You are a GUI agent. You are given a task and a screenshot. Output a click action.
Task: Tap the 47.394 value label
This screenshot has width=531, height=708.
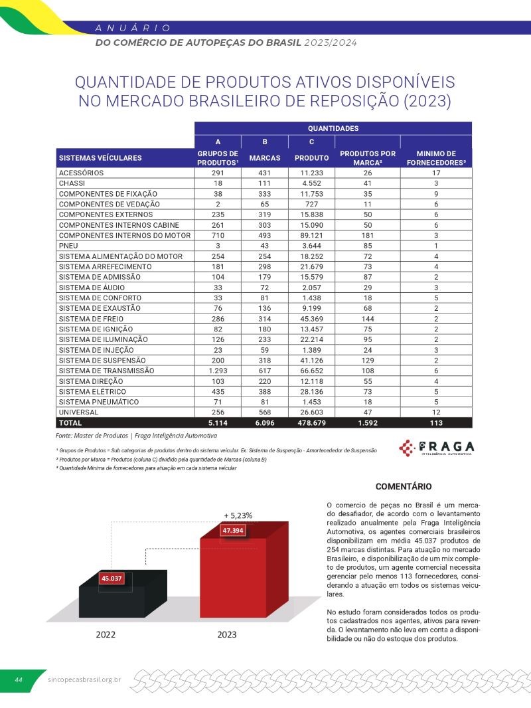pos(233,531)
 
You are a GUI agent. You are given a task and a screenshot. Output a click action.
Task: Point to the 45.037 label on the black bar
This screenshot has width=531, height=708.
pos(112,578)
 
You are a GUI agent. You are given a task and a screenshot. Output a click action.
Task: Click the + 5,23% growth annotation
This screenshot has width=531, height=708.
pos(238,515)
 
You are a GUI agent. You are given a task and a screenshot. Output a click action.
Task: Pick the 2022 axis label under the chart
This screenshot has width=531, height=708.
pos(106,634)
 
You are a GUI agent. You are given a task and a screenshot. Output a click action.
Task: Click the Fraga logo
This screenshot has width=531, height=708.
pos(436,447)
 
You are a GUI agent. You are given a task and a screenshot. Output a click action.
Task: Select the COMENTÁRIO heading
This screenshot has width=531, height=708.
pos(404,486)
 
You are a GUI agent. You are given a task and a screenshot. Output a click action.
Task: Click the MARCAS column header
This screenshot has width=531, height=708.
pos(265,158)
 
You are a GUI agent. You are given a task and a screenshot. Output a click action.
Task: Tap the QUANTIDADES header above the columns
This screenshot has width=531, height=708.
pos(333,128)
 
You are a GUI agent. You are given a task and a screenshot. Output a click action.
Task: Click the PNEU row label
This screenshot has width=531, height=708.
pos(68,246)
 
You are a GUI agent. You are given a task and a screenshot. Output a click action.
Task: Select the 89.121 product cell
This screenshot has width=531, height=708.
pos(311,235)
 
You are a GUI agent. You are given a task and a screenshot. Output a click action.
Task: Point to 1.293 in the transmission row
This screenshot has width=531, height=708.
pos(218,371)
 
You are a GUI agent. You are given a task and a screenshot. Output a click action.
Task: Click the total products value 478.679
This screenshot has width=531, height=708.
pos(311,422)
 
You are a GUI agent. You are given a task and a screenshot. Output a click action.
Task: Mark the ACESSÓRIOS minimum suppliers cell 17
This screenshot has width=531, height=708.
pos(436,173)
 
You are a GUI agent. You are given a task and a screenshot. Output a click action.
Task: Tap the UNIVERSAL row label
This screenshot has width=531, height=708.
pos(79,412)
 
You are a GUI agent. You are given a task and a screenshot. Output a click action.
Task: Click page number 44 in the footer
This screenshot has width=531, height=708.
pos(19,679)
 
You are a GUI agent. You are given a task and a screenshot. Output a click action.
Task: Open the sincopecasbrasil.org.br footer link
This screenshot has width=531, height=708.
pos(84,680)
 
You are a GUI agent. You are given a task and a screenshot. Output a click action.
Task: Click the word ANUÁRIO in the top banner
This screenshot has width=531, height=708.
pos(133,28)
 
